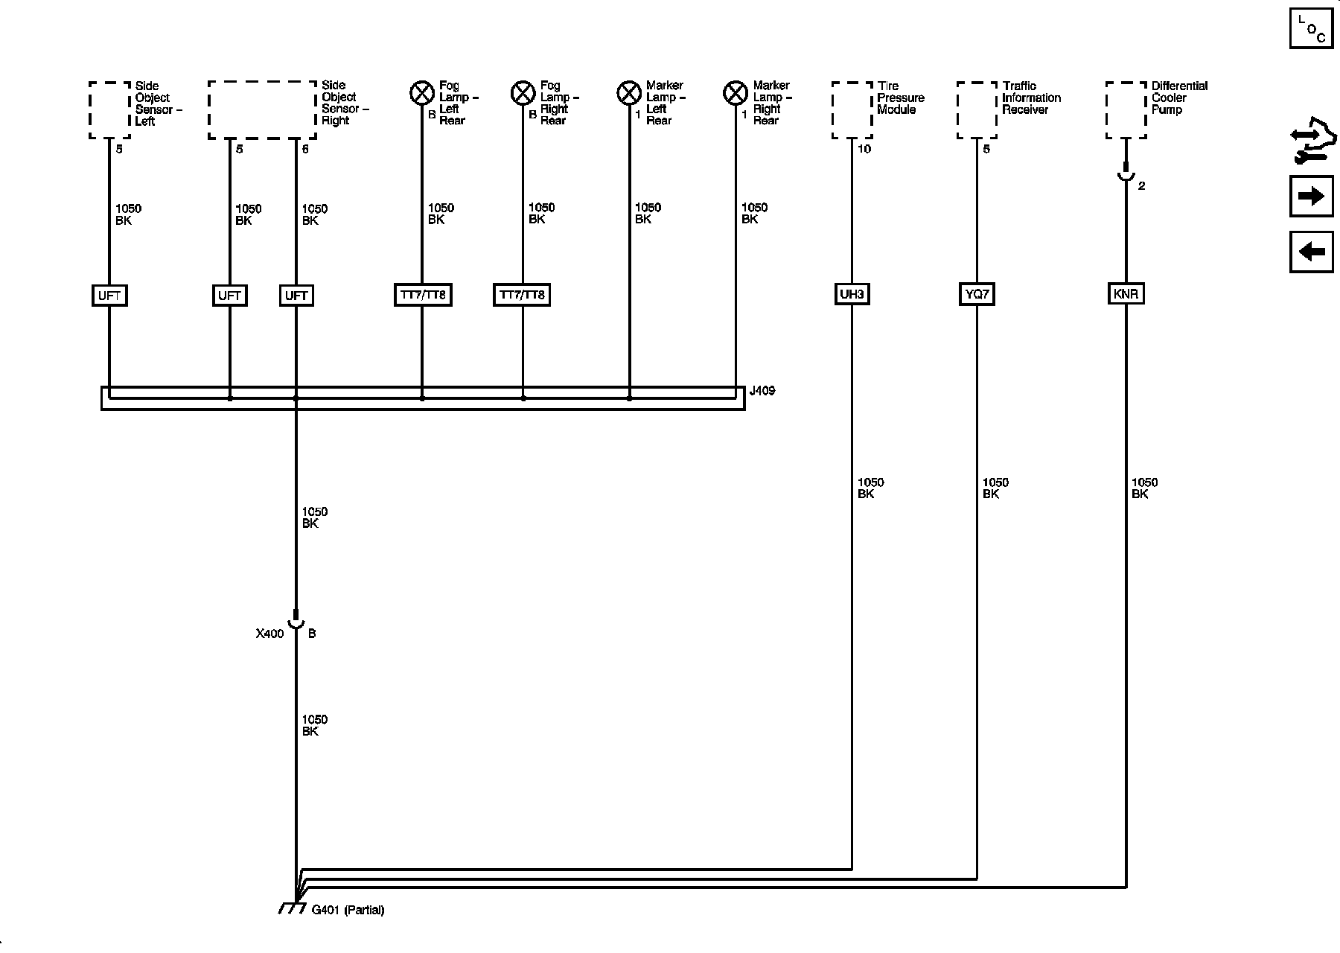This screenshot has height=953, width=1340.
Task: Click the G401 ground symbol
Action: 293,908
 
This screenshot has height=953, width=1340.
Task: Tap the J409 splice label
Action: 762,391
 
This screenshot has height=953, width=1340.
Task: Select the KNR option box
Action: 1126,294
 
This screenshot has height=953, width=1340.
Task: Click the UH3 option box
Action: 852,294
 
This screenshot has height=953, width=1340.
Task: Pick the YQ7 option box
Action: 977,294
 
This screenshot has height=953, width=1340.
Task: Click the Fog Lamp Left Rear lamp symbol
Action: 422,93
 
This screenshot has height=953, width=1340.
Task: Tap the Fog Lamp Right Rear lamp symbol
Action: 523,93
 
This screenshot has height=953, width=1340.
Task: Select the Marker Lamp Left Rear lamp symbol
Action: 629,93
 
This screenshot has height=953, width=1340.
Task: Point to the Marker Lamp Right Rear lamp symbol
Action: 736,93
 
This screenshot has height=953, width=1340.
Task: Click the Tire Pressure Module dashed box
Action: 852,110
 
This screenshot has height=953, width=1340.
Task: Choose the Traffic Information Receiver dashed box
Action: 977,110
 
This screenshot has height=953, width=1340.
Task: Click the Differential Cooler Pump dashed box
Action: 1126,110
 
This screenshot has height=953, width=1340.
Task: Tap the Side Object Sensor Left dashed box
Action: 109,110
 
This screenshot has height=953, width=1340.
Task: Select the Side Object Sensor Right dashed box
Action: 262,110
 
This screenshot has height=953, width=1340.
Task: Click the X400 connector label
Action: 269,634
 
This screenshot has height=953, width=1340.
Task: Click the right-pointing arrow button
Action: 1311,197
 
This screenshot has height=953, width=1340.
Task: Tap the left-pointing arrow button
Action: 1311,252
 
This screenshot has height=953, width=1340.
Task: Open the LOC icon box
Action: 1311,28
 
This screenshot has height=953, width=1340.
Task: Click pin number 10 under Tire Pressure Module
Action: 864,149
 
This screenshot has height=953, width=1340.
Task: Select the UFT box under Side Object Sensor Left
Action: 109,296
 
